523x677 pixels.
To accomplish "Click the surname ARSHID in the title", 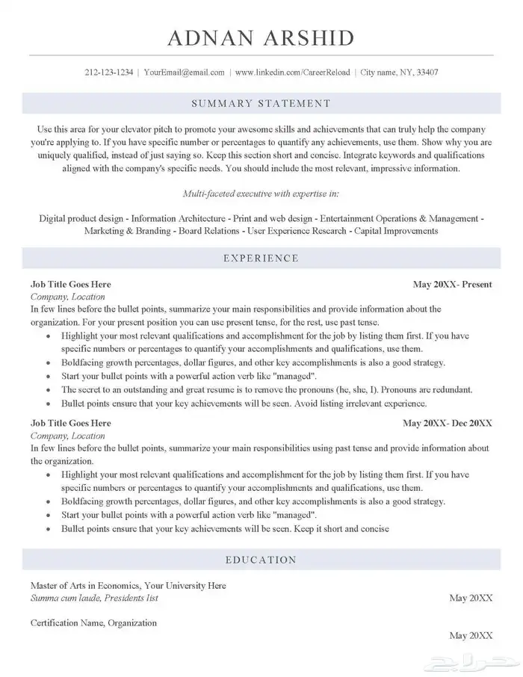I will click(308, 37).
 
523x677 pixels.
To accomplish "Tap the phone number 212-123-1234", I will click(109, 72).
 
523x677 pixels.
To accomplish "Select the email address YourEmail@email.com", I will click(184, 72).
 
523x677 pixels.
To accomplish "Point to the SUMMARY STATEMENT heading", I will click(261, 103).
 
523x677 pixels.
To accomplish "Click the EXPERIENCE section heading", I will click(261, 259).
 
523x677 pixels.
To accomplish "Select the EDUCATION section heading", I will click(261, 560).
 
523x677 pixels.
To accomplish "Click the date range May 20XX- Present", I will click(452, 285).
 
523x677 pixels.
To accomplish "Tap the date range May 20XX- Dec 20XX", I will click(448, 423).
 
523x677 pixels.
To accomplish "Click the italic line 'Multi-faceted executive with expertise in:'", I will click(261, 194).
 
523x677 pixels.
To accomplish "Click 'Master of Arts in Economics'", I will click(84, 585).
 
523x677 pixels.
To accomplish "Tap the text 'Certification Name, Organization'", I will click(93, 622).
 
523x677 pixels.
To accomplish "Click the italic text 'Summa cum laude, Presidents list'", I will click(94, 598).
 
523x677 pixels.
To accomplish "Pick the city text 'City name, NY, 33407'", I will click(399, 72).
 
